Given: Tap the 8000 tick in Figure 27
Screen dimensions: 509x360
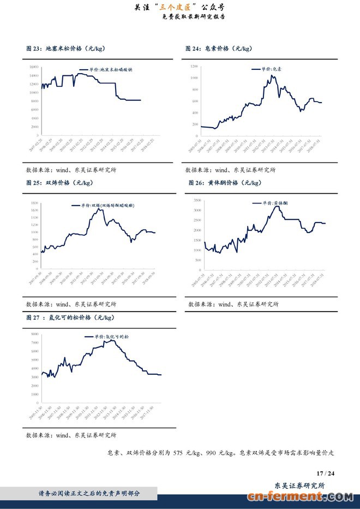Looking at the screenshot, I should [x=34, y=334].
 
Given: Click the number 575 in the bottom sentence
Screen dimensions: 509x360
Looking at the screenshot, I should [x=181, y=452].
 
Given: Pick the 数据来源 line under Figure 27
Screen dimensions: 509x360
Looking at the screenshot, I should [x=71, y=435].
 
